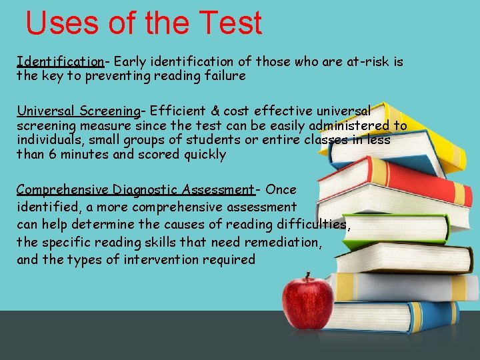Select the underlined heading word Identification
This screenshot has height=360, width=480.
tap(60, 62)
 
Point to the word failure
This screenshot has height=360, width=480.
tap(225, 75)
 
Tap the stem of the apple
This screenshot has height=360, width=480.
tap(307, 275)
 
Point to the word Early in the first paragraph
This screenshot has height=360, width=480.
tap(130, 62)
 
